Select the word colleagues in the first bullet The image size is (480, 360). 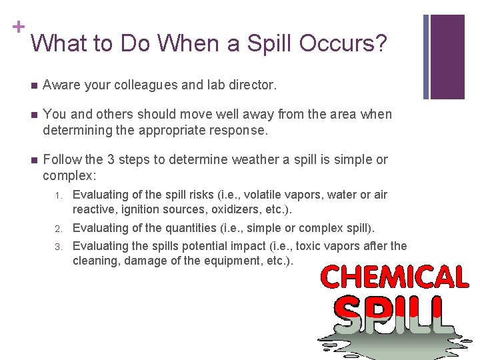point(143,85)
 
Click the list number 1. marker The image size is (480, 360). point(59,195)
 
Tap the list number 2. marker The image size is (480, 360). point(59,229)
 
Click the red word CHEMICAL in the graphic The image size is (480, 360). point(395,277)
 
